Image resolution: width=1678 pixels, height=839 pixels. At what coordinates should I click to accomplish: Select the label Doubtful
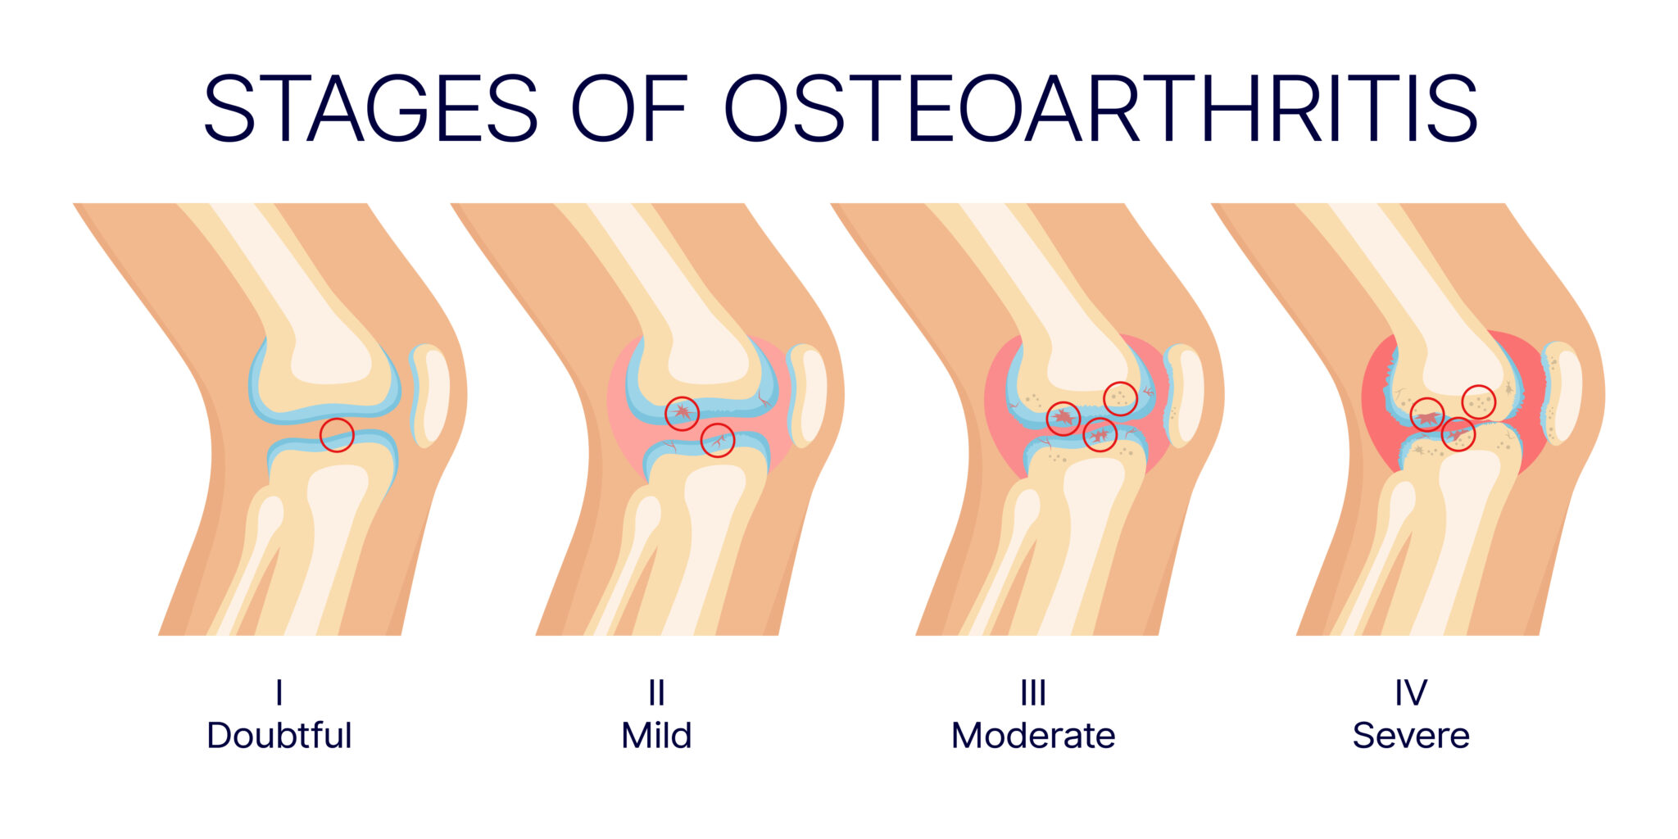(279, 735)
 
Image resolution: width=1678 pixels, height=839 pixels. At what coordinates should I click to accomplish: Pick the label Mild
(656, 735)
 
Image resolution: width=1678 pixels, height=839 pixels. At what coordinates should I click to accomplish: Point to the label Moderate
(1033, 735)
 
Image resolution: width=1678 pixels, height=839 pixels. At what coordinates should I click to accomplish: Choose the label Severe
(1411, 735)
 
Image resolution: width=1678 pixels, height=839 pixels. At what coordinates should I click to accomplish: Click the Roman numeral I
(279, 693)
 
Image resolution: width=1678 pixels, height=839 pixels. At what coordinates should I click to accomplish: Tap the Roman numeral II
(656, 693)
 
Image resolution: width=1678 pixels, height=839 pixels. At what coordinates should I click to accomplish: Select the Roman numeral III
(1033, 693)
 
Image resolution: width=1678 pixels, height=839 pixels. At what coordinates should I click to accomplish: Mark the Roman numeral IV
(1411, 693)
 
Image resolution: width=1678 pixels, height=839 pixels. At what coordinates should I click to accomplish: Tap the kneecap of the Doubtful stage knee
(430, 395)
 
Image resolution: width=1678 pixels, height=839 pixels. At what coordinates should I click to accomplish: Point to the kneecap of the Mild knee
(808, 395)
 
